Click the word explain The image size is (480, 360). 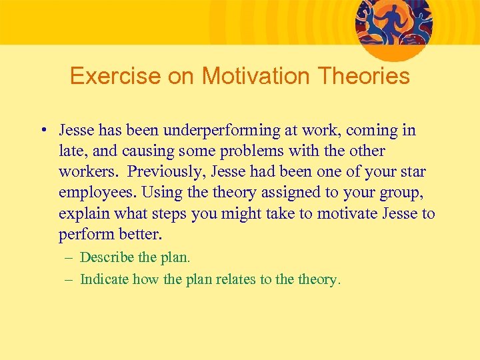click(82, 213)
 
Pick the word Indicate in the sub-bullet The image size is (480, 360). click(104, 279)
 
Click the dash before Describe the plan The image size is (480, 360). click(68, 257)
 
